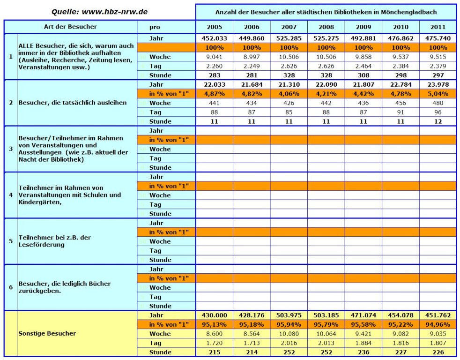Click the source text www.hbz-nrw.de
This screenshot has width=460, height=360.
(114, 12)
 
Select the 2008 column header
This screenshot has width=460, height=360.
(326, 27)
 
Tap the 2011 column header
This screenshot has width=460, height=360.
(438, 27)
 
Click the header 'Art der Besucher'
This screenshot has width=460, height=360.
(70, 27)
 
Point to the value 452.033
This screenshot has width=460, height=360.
(214, 38)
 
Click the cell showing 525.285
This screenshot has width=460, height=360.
(289, 38)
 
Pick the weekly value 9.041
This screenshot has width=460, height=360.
(214, 57)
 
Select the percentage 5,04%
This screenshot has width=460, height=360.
(438, 94)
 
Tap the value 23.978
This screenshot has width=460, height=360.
(438, 84)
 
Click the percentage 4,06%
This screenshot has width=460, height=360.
(289, 94)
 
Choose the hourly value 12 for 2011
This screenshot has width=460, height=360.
(438, 121)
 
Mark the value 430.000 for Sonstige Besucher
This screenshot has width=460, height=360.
(214, 315)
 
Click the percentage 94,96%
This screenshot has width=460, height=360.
(438, 325)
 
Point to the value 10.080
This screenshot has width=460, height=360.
(289, 334)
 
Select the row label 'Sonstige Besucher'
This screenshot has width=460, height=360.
(47, 334)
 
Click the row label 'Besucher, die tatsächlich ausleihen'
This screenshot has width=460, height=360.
(73, 103)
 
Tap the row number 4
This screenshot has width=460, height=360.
(11, 195)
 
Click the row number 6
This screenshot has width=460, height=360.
(11, 287)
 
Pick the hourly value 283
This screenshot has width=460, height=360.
(214, 75)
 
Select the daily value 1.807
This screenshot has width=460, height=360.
(438, 343)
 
